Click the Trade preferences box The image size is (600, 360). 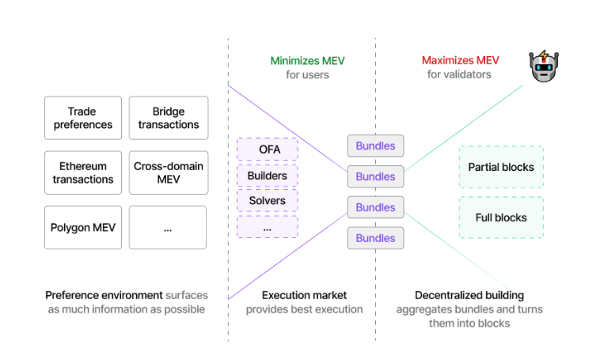pyautogui.click(x=83, y=118)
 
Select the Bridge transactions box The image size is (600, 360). pyautogui.click(x=169, y=118)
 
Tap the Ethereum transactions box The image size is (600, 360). pyautogui.click(x=83, y=172)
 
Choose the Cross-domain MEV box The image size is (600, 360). pyautogui.click(x=169, y=172)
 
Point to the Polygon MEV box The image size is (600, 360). pyautogui.click(x=83, y=227)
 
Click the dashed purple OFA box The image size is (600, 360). pyautogui.click(x=268, y=149)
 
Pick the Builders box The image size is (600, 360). pyautogui.click(x=268, y=175)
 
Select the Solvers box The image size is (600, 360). pyautogui.click(x=268, y=201)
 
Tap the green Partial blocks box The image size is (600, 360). pyautogui.click(x=501, y=167)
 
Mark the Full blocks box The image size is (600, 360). pyautogui.click(x=501, y=218)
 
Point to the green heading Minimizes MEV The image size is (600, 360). pyautogui.click(x=307, y=60)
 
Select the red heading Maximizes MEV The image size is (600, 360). pyautogui.click(x=459, y=60)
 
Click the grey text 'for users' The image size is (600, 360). pyautogui.click(x=307, y=75)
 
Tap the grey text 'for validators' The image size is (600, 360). pyautogui.click(x=459, y=75)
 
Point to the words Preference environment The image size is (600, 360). pyautogui.click(x=104, y=294)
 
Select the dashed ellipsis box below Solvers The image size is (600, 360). pyautogui.click(x=268, y=227)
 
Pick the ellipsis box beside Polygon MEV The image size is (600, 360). pyautogui.click(x=168, y=227)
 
